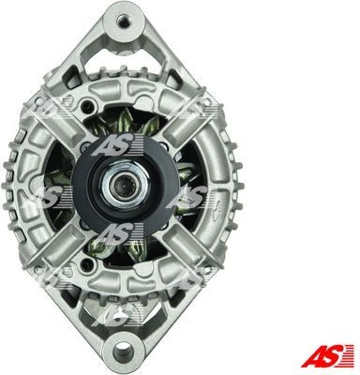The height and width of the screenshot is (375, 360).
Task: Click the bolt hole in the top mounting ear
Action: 123,22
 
